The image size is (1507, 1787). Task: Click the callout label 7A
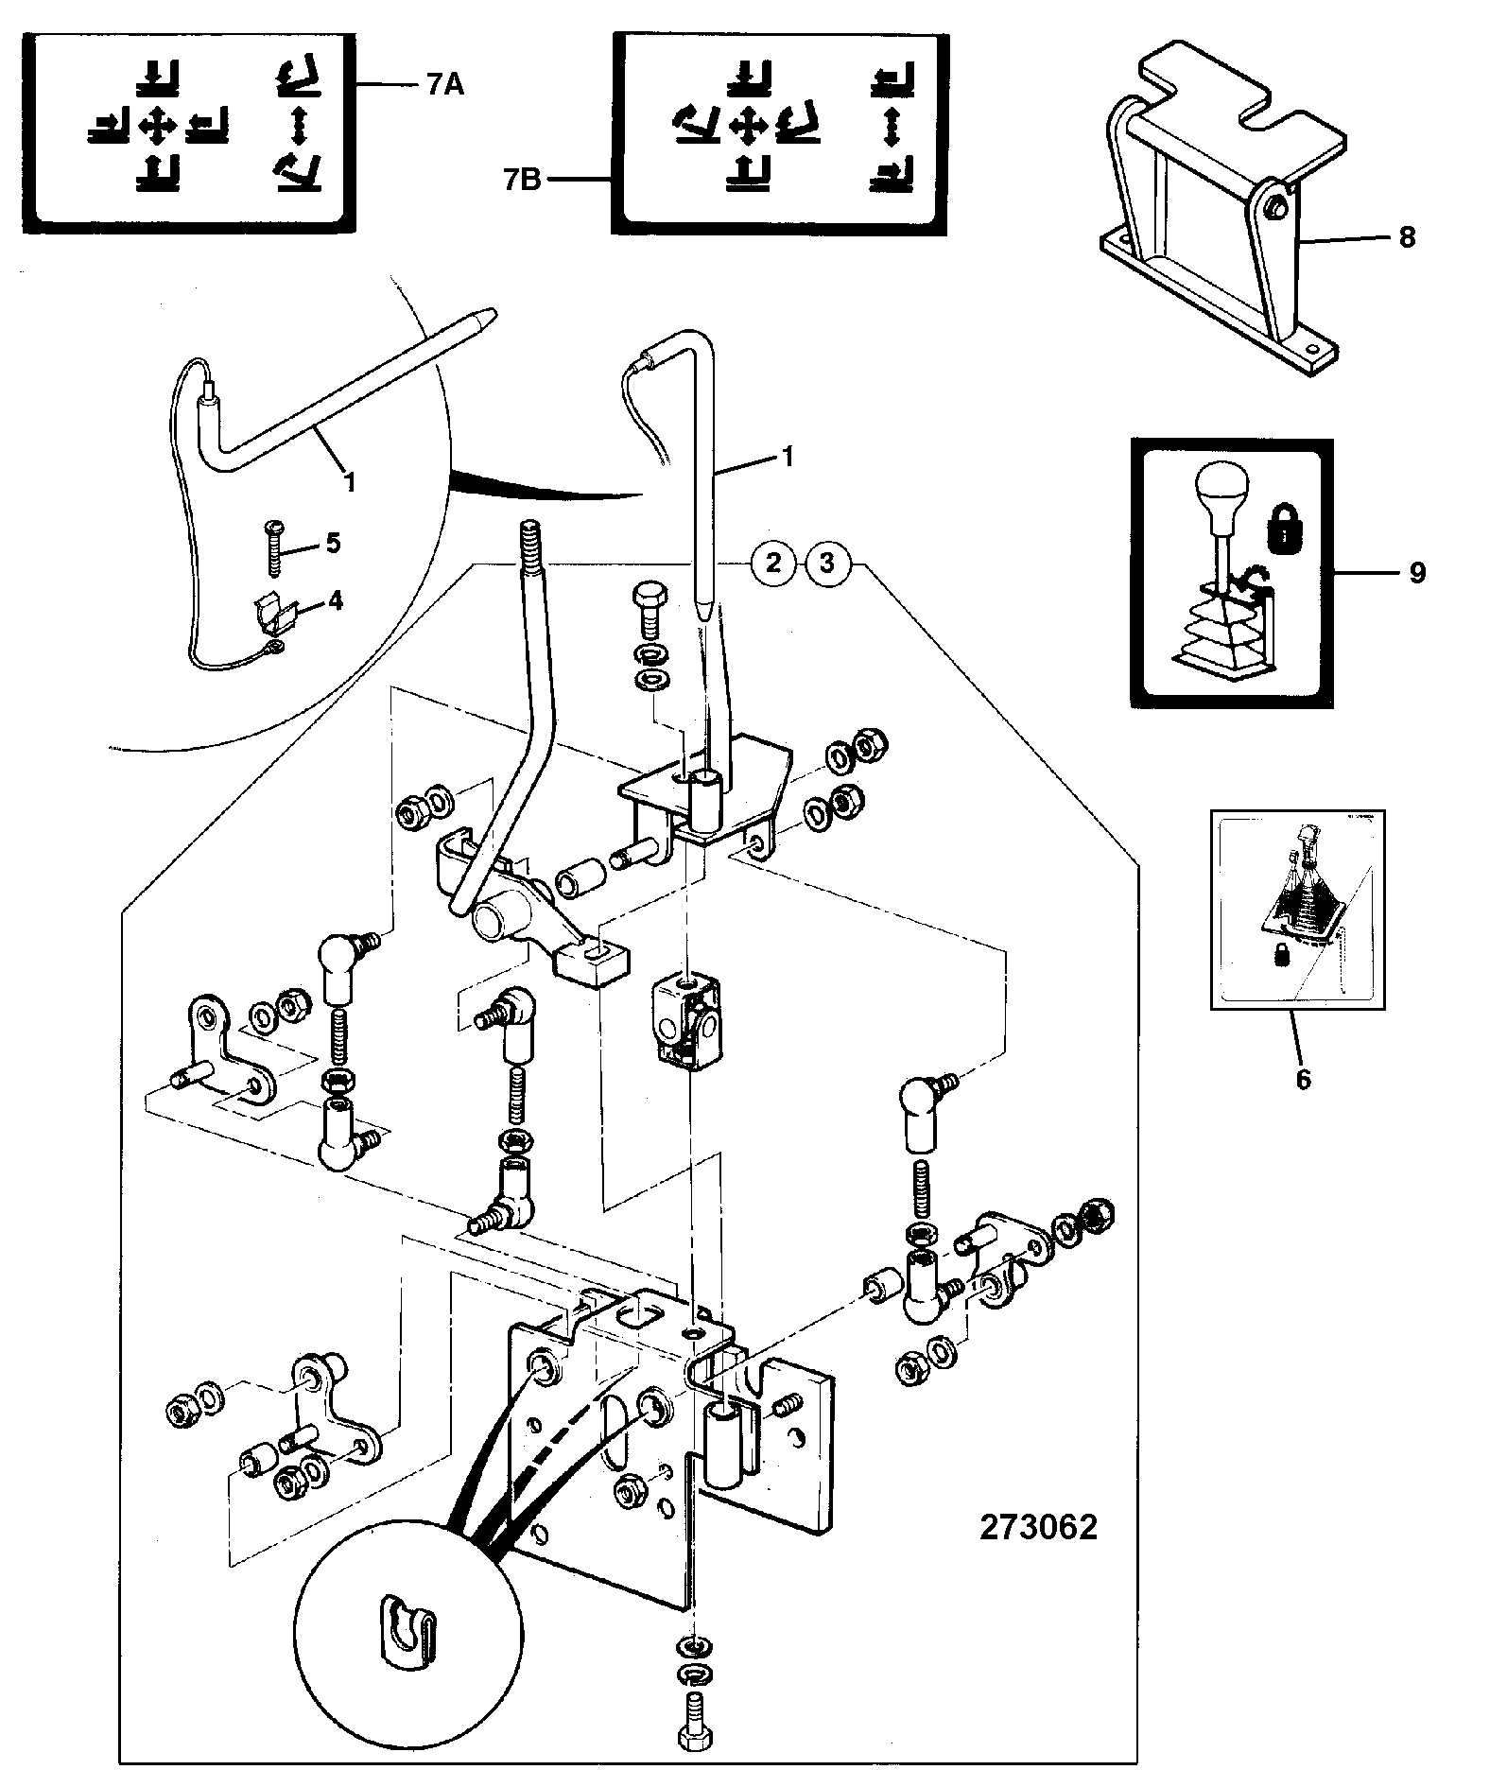(x=444, y=85)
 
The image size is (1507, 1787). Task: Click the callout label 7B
(x=521, y=180)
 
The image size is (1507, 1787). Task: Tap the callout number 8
(x=1407, y=236)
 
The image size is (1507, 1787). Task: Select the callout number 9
(x=1416, y=572)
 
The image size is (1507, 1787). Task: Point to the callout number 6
(x=1304, y=1079)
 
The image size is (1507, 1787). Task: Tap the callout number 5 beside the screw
(x=332, y=543)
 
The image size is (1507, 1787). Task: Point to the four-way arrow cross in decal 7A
(x=157, y=124)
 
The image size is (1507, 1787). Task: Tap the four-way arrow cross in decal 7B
(x=748, y=124)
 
